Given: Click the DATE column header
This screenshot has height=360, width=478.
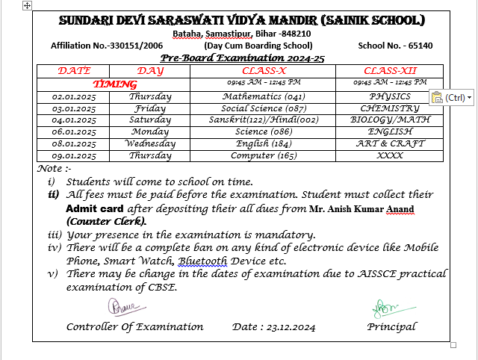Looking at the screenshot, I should [74, 71].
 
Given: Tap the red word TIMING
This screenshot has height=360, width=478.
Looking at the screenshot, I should [114, 85].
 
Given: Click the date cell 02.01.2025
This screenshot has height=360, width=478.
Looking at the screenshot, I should [74, 97].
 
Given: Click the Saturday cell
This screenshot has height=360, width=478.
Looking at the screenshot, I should [150, 120].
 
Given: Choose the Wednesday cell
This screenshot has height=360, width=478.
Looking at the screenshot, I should [150, 143].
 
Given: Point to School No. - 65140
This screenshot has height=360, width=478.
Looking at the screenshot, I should [394, 46].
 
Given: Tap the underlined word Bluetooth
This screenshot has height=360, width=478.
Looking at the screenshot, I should [202, 261].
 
